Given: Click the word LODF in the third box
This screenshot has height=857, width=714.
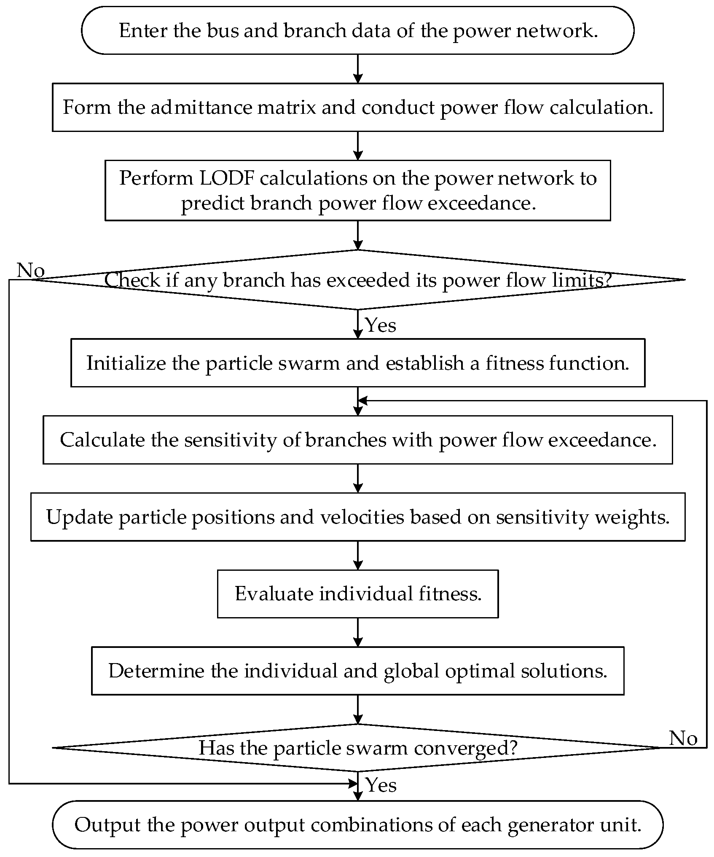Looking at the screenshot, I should tap(227, 178).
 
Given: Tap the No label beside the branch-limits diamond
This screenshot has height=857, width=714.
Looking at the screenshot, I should tap(30, 270).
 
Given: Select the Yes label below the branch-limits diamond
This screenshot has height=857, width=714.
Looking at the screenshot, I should tap(381, 325).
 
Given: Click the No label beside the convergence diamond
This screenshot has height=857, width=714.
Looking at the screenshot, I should tap(683, 738).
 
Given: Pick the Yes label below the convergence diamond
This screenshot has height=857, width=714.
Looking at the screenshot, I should tap(381, 785).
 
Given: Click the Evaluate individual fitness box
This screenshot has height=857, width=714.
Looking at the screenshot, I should tap(357, 594).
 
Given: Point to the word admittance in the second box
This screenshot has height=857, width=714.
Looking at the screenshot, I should tap(201, 107).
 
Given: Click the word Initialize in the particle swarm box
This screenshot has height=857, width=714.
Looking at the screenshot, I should tap(126, 363).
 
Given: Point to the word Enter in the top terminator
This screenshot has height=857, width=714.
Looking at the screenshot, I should tap(143, 31).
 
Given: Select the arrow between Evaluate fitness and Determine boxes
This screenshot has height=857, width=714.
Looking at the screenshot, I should tap(357, 632).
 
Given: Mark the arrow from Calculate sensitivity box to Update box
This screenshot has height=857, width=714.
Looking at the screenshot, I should tap(357, 478).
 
